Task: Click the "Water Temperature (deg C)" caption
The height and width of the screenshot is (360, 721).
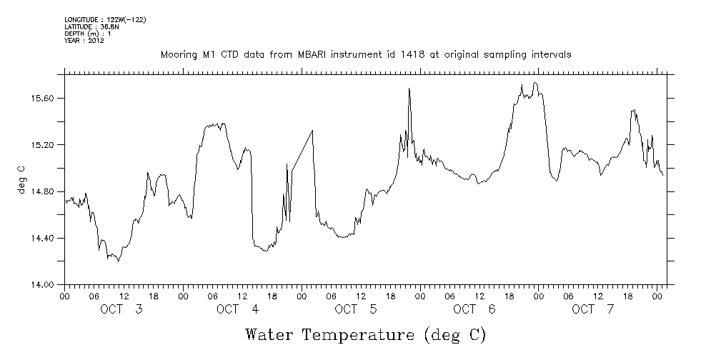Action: (x=366, y=334)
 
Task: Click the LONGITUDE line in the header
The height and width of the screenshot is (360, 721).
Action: (x=105, y=19)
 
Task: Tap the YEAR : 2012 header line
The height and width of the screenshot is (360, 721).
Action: (x=84, y=41)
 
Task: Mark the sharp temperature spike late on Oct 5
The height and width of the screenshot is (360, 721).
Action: (x=409, y=89)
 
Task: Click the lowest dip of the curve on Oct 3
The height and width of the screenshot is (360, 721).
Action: (x=119, y=261)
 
